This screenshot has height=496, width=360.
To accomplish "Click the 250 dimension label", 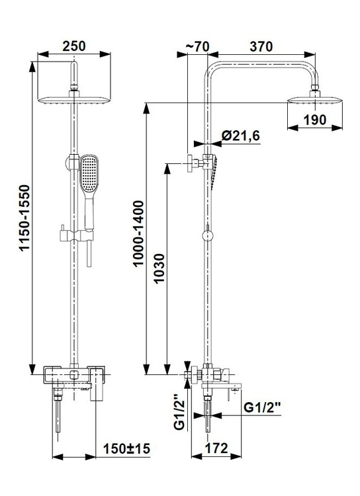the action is pyautogui.click(x=73, y=46).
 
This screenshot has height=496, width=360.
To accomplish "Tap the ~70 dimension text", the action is pyautogui.click(x=197, y=46).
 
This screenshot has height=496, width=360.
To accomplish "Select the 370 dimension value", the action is pyautogui.click(x=261, y=46).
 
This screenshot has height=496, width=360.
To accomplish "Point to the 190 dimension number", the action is pyautogui.click(x=315, y=120).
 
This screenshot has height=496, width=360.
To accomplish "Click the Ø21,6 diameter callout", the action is pyautogui.click(x=241, y=136).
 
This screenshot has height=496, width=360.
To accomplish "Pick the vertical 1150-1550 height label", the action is pyautogui.click(x=24, y=218).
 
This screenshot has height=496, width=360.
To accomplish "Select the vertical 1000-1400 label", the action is pyautogui.click(x=138, y=233).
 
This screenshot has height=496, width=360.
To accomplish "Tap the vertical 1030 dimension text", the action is pyautogui.click(x=159, y=269).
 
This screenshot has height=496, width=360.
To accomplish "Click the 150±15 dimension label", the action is pyautogui.click(x=126, y=448).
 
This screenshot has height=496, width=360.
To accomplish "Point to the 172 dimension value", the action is pyautogui.click(x=216, y=448).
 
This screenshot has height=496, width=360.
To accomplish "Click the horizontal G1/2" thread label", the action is pyautogui.click(x=263, y=407).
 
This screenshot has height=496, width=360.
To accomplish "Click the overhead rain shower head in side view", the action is pyautogui.click(x=315, y=99).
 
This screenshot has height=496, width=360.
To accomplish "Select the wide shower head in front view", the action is pyautogui.click(x=74, y=100).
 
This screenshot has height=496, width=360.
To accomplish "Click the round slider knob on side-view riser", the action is pyautogui.click(x=208, y=236).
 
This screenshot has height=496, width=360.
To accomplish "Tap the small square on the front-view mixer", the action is pyautogui.click(x=74, y=375).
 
